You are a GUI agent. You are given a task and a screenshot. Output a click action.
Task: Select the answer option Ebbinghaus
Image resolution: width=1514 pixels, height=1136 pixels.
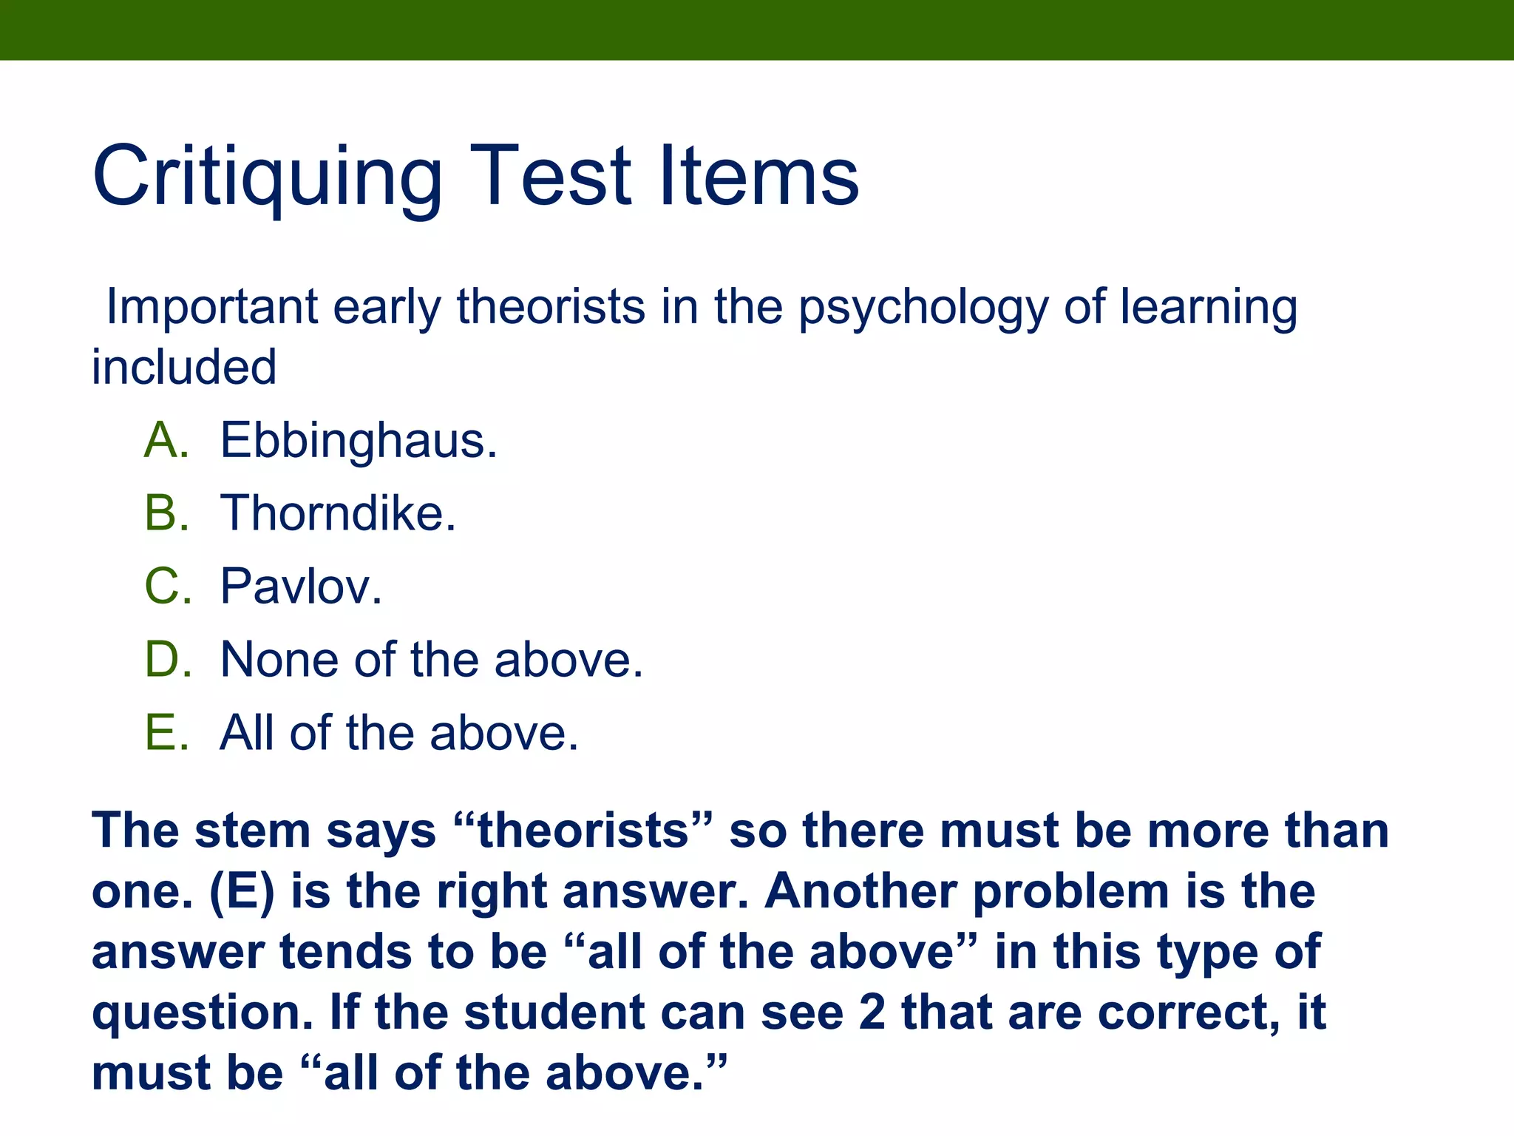[359, 441]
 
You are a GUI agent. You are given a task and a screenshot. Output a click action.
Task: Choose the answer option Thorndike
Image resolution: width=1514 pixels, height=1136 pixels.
[338, 513]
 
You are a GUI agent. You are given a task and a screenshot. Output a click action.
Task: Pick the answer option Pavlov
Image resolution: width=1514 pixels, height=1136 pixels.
[301, 586]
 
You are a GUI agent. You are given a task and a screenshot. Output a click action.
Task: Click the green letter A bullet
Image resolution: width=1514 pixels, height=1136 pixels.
[166, 441]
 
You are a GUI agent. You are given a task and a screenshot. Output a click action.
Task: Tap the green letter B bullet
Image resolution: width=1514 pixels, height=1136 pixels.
[166, 513]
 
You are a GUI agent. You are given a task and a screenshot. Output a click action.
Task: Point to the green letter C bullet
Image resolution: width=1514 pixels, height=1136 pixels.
[167, 586]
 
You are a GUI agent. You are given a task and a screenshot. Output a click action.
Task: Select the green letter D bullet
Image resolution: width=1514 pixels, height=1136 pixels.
[167, 659]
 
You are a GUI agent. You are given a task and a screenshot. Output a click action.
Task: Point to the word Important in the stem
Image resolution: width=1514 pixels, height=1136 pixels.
[212, 307]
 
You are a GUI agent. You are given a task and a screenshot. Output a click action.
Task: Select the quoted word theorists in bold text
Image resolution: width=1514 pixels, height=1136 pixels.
[584, 831]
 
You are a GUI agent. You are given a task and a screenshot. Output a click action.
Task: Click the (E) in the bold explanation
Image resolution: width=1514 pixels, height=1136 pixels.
[242, 891]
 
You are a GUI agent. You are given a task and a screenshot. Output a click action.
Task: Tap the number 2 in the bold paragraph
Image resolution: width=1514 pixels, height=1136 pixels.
[872, 1012]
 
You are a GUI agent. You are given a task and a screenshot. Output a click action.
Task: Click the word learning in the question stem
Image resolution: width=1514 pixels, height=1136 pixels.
[1208, 307]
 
